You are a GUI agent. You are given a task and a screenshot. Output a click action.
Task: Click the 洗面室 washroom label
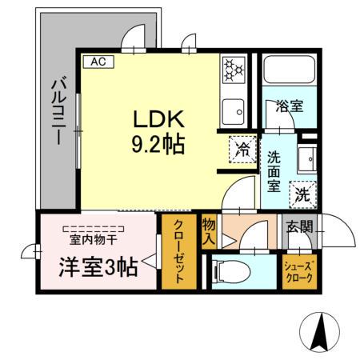(273, 171)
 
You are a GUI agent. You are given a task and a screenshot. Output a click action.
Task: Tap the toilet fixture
(226, 271)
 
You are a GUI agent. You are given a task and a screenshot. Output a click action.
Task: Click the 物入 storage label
(210, 230)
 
